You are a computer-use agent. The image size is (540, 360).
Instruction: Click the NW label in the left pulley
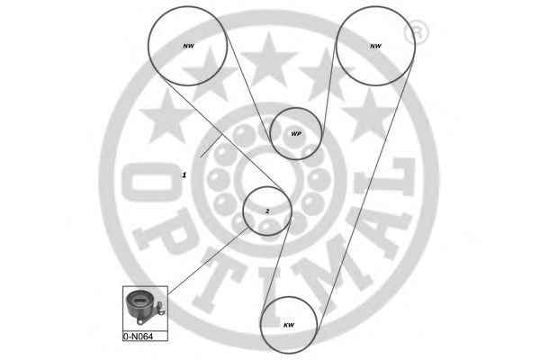pyautogui.click(x=188, y=46)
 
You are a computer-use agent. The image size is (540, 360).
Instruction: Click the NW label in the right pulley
pyautogui.click(x=375, y=46)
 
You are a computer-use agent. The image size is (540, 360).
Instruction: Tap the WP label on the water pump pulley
pyautogui.click(x=296, y=134)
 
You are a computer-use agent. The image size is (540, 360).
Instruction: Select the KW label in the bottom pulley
pyautogui.click(x=289, y=325)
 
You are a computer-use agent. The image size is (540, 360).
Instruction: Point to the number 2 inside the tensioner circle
pyautogui.click(x=267, y=211)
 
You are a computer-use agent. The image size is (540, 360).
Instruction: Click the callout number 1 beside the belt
pyautogui.click(x=184, y=175)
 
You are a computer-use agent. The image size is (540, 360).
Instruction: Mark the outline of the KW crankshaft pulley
pyautogui.click(x=260, y=325)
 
